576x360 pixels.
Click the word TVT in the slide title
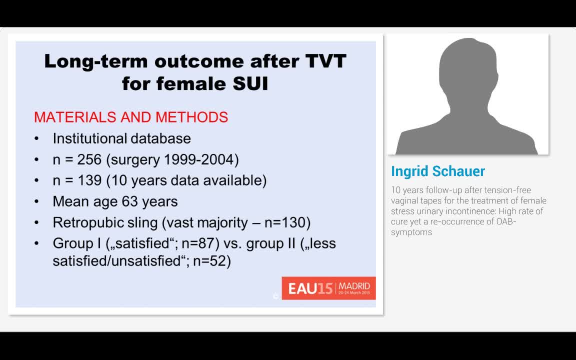coord(325,61)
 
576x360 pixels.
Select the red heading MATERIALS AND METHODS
coord(131,117)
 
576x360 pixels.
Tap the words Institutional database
coord(121,138)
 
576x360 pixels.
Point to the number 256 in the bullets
coord(89,159)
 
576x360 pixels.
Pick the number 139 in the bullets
coord(89,180)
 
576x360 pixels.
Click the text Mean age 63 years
coord(115,201)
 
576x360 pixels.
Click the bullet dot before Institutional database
coord(36,139)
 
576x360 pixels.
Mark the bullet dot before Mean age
coord(36,202)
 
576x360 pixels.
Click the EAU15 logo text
coord(310,288)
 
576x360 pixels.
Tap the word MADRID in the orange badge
coord(354,286)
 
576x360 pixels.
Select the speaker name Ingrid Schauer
coord(438,171)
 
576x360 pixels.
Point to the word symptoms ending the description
coord(411,232)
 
